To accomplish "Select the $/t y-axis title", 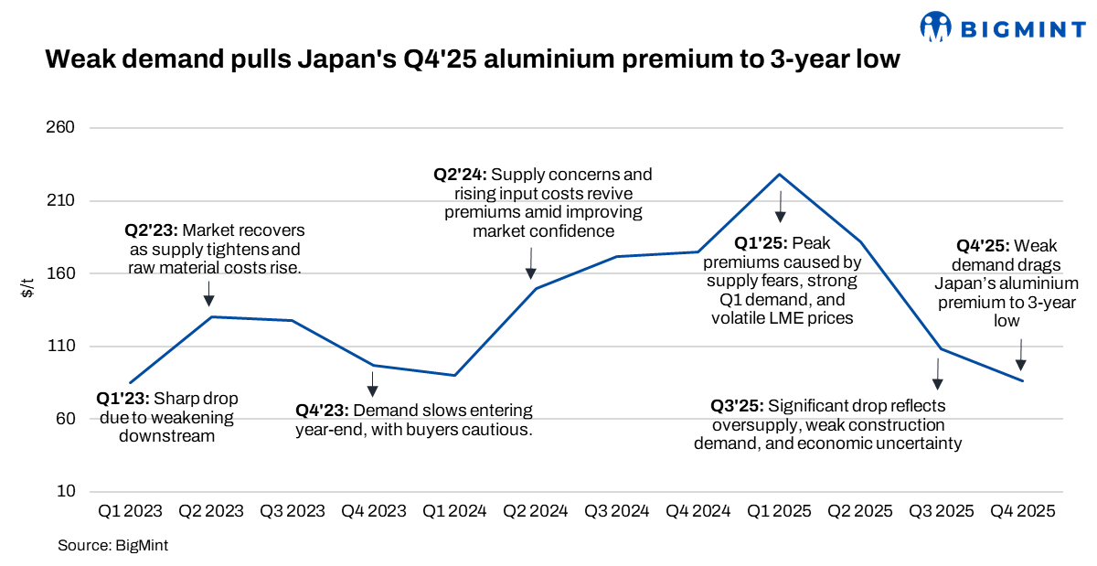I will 27,291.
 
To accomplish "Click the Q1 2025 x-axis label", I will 779,512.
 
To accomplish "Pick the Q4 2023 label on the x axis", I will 373,512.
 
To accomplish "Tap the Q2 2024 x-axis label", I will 536,512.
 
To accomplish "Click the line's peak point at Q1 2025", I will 779,174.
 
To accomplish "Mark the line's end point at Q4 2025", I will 1023,380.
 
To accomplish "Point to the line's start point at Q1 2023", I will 131,383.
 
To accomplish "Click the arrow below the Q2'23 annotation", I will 209,294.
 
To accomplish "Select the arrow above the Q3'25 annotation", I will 937,373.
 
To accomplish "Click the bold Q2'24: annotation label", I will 461,174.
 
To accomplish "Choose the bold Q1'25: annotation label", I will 762,244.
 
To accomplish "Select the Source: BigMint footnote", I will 113,545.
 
